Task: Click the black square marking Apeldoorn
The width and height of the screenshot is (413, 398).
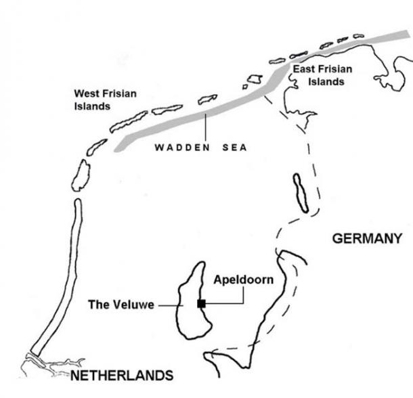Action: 201,303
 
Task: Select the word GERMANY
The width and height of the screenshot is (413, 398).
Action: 367,238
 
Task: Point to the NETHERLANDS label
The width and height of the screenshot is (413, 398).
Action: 121,375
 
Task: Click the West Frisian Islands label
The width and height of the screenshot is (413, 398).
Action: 104,100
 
